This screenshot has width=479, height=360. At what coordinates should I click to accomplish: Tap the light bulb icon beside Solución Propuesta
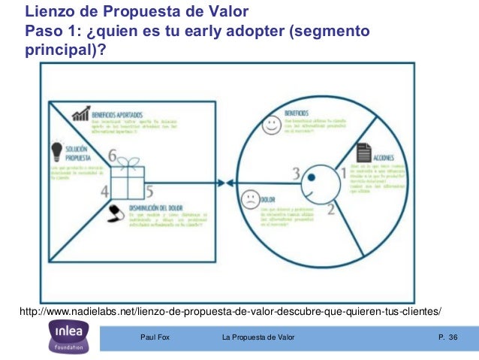(x=56, y=150)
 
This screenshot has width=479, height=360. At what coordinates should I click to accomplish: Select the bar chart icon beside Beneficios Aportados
(x=80, y=114)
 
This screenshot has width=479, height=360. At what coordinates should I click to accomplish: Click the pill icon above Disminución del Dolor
(x=115, y=213)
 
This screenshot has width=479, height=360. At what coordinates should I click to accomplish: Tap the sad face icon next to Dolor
(x=248, y=200)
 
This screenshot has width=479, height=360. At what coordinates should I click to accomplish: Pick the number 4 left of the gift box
(x=104, y=190)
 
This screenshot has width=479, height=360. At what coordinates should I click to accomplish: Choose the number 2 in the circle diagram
(x=330, y=210)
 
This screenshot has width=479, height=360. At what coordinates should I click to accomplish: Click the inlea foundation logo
(x=71, y=336)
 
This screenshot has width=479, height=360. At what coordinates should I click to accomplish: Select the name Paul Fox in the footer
(x=155, y=338)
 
